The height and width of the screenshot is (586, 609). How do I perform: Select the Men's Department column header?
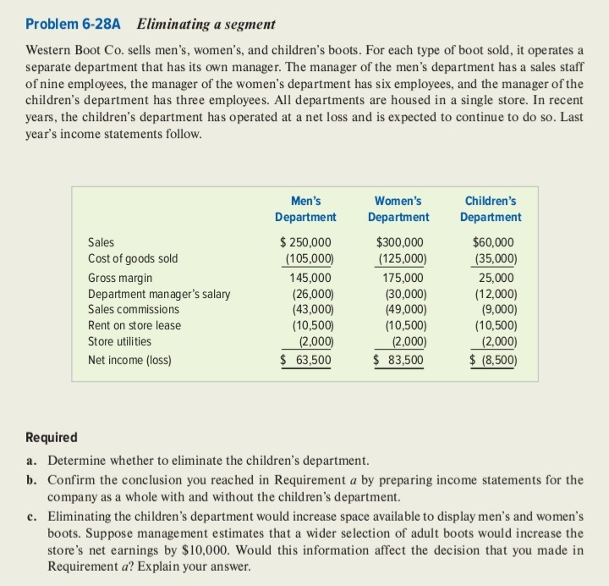point(305,209)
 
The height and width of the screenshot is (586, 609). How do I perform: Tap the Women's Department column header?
point(398,209)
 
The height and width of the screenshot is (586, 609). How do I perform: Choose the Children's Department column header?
point(491,209)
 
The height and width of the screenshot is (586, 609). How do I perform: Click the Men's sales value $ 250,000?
point(306,242)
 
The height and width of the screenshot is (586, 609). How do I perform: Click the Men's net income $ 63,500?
point(306,360)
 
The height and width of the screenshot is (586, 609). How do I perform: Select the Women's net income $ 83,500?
point(400,360)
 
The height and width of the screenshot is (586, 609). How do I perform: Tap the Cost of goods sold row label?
point(133,258)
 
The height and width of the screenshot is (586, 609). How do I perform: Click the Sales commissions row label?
point(134,309)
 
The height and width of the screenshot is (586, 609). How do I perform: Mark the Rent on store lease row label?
point(134,325)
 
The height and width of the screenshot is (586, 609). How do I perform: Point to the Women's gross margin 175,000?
point(403,278)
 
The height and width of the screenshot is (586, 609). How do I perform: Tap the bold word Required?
point(52,438)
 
